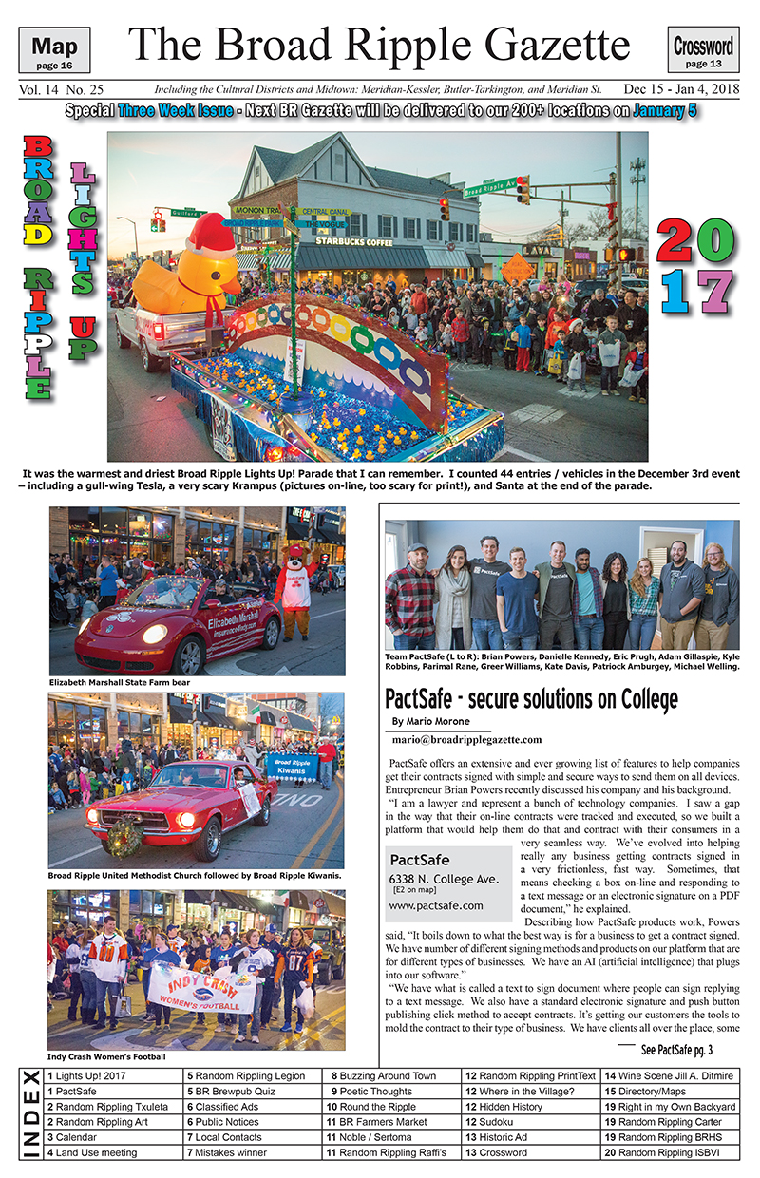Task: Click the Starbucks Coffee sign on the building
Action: [353, 241]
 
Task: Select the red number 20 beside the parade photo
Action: [695, 241]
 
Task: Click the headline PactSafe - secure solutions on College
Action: [531, 700]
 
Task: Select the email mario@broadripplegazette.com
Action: [466, 739]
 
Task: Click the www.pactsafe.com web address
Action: [436, 905]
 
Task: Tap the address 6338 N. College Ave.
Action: [444, 880]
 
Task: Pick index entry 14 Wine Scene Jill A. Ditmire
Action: [670, 1076]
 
